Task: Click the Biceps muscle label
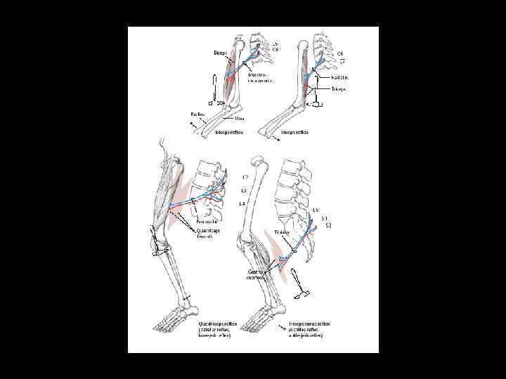[221, 52]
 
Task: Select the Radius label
[198, 113]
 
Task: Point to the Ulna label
[230, 118]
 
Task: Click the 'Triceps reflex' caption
[297, 132]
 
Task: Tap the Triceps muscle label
[339, 90]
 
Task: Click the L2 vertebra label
[245, 177]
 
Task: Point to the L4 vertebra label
[242, 204]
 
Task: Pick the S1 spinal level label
[325, 218]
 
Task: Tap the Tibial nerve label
[283, 232]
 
